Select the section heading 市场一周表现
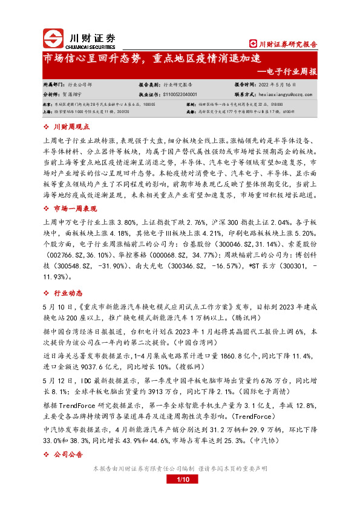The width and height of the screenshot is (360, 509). pyautogui.click(x=75, y=225)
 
